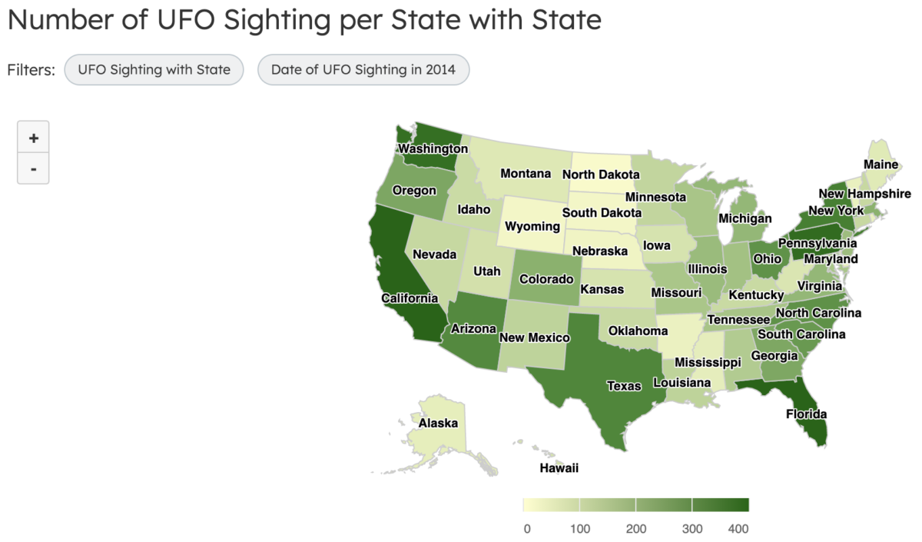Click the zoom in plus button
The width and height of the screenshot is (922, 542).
point(33,138)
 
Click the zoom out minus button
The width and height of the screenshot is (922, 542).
point(33,168)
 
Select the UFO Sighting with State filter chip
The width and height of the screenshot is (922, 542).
point(154,70)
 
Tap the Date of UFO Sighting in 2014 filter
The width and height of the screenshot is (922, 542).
point(363,70)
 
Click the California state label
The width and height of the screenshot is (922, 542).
point(410,298)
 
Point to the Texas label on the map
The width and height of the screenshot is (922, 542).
point(624,386)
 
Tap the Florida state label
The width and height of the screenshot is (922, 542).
point(806,414)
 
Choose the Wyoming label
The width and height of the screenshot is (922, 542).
point(532,226)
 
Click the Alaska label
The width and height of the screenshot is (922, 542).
point(438,423)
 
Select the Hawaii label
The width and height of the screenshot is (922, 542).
point(559,467)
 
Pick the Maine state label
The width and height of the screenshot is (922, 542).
point(881,165)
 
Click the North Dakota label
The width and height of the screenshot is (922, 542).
point(601,175)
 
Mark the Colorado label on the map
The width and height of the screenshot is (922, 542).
point(546,279)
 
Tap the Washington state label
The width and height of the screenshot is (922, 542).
point(433,148)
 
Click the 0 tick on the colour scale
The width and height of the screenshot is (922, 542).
point(526,528)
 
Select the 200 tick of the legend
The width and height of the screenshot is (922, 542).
point(635,528)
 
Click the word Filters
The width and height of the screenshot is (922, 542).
point(32,70)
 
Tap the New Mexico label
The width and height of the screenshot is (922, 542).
point(534,338)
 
